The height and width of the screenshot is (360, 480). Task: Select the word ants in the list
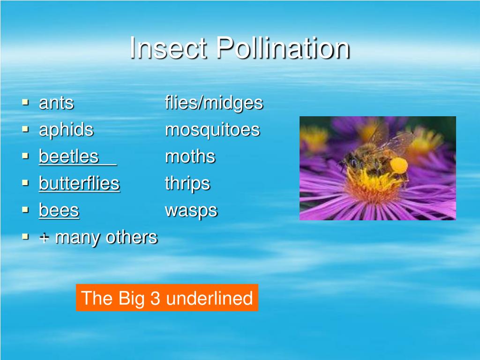point(56,103)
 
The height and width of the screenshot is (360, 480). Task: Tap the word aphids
point(66,130)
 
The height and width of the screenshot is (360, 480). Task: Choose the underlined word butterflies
point(79,183)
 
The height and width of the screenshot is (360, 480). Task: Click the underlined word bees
point(59,210)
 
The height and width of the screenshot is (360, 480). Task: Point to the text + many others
point(98,238)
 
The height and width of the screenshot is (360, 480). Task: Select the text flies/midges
point(214,103)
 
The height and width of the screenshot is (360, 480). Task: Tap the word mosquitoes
point(212,130)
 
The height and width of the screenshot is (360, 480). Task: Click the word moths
point(190,157)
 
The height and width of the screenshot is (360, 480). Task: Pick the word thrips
point(187,184)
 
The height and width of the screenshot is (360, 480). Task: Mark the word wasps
point(191,210)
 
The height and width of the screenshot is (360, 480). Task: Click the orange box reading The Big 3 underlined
point(167,298)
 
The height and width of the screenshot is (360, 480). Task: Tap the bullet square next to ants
point(26,102)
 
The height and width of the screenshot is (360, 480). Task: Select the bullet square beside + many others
point(26,237)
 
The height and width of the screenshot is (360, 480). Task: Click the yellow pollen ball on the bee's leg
point(398,165)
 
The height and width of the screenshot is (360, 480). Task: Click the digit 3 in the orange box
point(155,298)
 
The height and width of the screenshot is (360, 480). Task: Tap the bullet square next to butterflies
point(26,183)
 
